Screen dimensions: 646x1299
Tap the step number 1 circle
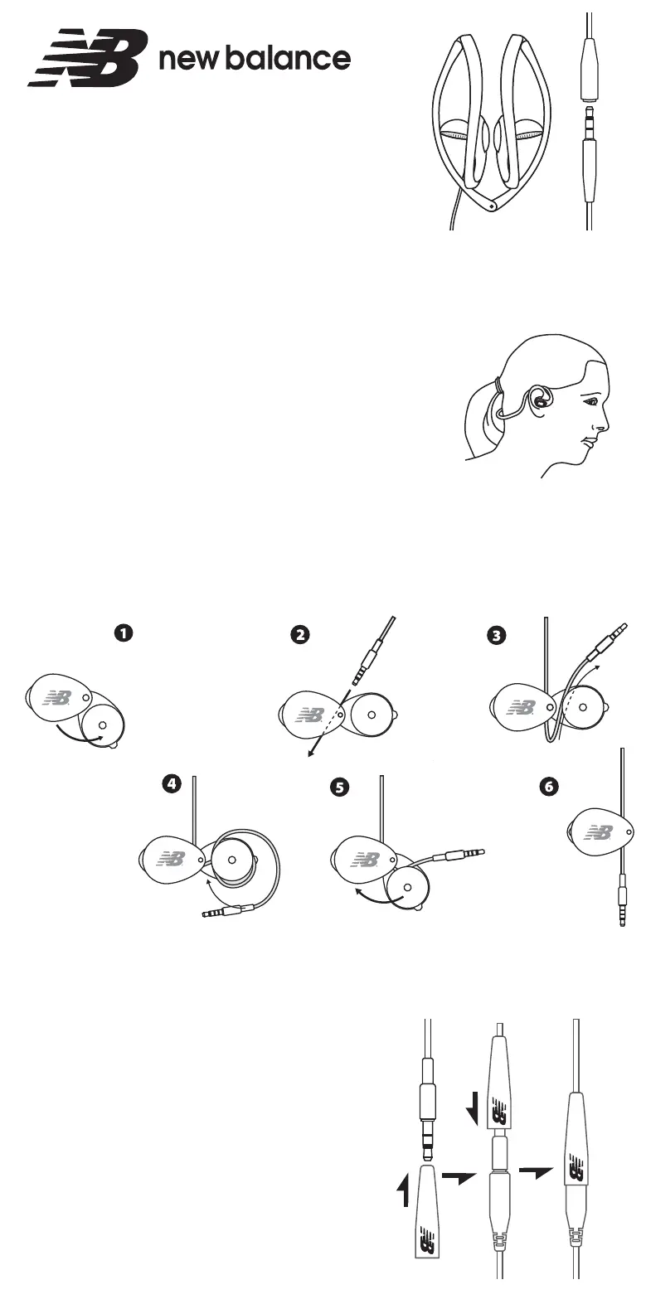(x=122, y=633)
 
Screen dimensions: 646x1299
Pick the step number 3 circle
(x=496, y=635)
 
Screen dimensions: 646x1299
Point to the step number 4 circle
(x=172, y=785)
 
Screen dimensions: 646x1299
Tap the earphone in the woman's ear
(x=541, y=400)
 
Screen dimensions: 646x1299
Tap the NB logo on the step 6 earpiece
(x=598, y=832)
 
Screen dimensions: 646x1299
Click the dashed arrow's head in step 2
(x=309, y=754)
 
